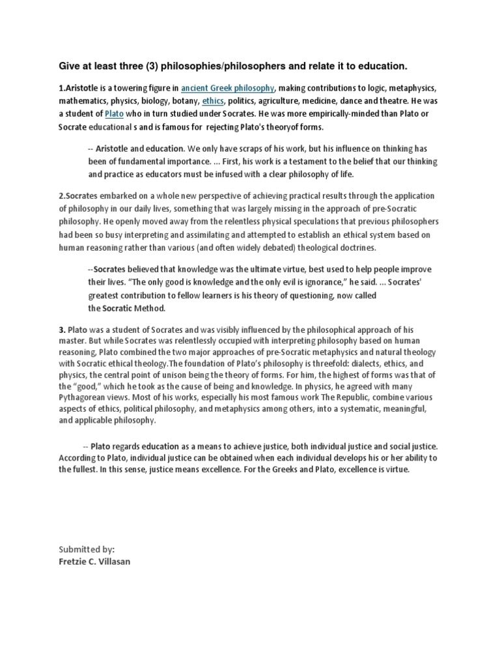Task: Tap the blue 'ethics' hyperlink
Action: point(213,101)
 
